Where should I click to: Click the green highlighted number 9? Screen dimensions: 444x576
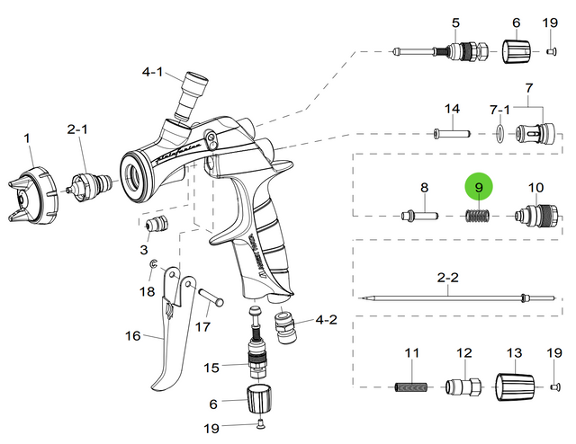pyautogui.click(x=479, y=188)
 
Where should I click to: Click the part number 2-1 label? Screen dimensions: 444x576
pyautogui.click(x=78, y=129)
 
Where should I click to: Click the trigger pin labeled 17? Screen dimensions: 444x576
pyautogui.click(x=209, y=295)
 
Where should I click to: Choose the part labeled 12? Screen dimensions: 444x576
pyautogui.click(x=463, y=387)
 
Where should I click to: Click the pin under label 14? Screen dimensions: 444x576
pyautogui.click(x=452, y=135)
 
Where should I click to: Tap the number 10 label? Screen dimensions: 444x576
pyautogui.click(x=535, y=188)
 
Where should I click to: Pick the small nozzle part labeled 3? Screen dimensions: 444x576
pyautogui.click(x=157, y=222)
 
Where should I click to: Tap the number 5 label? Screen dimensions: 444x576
pyautogui.click(x=454, y=22)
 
